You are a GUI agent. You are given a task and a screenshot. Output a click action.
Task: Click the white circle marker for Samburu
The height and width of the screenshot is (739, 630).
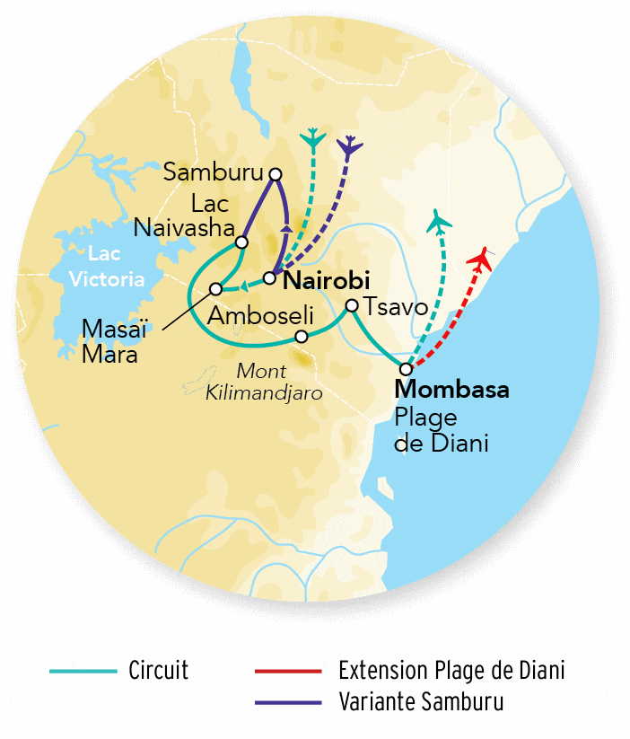click(276, 174)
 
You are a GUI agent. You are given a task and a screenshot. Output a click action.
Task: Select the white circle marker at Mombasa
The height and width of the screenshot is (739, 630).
click(407, 369)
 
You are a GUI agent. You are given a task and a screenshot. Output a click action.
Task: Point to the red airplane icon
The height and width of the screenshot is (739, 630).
click(481, 260)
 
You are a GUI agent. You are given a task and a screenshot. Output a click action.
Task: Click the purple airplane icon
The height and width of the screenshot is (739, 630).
click(349, 146)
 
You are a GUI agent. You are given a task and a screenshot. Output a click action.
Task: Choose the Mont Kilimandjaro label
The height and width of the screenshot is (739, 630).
click(280, 382)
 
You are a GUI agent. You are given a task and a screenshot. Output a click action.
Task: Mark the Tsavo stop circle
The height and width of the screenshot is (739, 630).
click(353, 306)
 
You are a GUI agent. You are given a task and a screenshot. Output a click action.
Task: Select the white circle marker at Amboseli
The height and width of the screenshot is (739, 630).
click(302, 337)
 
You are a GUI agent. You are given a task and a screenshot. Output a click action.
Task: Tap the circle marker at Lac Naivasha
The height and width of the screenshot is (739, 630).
click(241, 242)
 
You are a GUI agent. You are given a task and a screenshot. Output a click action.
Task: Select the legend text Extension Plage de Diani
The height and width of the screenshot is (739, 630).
click(452, 671)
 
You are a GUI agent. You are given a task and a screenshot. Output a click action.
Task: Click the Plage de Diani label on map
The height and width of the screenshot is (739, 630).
click(441, 430)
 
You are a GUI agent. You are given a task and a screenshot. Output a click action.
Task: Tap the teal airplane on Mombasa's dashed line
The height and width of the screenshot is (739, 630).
click(439, 221)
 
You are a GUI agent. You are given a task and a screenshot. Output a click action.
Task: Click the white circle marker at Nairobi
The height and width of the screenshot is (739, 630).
click(268, 277)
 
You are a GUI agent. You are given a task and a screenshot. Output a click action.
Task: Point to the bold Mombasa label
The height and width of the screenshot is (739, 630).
click(452, 391)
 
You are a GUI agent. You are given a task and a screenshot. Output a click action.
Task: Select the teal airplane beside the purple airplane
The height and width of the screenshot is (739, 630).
click(312, 138)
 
